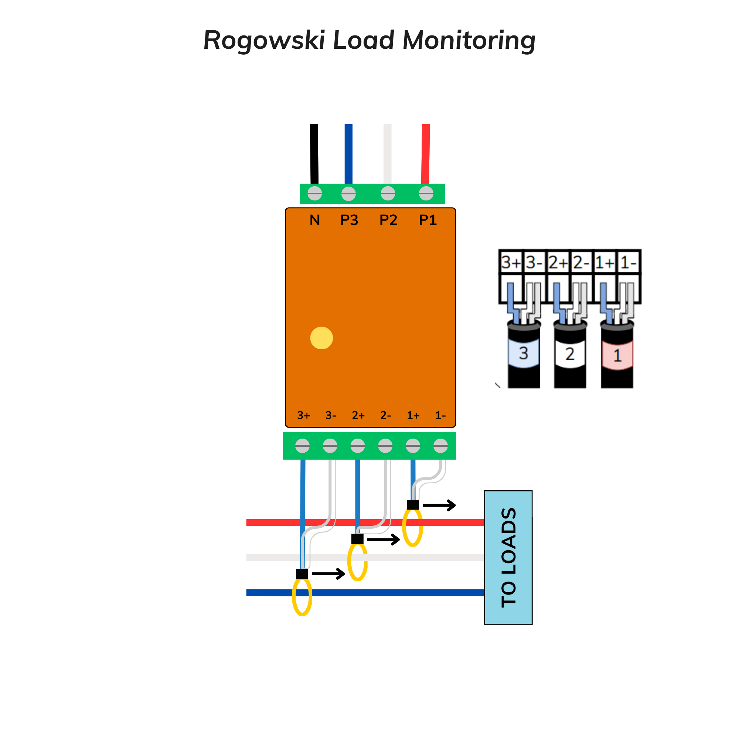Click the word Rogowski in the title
[x=264, y=40]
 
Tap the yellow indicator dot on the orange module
[x=321, y=338]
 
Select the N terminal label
[x=314, y=220]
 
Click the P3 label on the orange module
[x=349, y=220]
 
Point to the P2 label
[x=388, y=220]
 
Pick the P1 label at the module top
[x=427, y=220]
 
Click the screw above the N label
[x=314, y=193]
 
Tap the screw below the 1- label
[x=440, y=446]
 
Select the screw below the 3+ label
[x=302, y=446]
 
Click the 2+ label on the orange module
[x=358, y=415]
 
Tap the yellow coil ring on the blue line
[x=302, y=597]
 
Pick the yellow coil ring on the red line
[x=412, y=528]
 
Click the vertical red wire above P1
[x=425, y=153]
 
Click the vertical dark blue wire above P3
[x=348, y=153]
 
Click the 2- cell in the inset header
[x=581, y=262]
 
